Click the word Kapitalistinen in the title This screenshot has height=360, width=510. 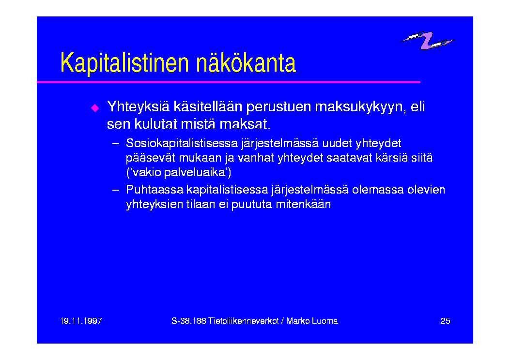click(124, 63)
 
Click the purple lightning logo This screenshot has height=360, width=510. click(427, 40)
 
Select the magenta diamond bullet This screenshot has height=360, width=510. click(95, 108)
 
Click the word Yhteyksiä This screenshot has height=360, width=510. click(138, 107)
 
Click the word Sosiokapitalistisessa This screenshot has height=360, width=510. click(182, 143)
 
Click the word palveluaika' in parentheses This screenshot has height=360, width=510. click(196, 172)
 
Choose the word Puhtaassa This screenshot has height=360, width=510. click(155, 189)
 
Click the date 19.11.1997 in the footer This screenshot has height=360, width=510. click(81, 321)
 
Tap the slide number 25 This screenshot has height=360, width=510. click(445, 321)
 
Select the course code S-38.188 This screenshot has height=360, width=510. click(189, 321)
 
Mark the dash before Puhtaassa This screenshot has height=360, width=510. click(115, 190)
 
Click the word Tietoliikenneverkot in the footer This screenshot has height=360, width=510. click(244, 321)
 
